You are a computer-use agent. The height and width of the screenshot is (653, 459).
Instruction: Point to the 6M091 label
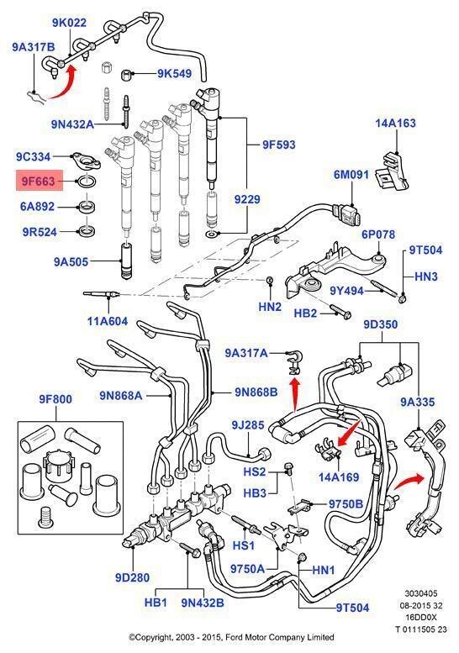tap(352, 175)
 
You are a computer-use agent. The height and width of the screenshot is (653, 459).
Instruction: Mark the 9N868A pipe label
tap(120, 395)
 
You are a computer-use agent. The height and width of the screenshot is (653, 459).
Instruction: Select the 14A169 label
tap(337, 476)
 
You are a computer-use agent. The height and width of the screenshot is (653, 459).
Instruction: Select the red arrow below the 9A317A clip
tap(294, 388)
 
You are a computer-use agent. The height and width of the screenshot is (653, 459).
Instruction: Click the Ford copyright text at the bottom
tap(230, 637)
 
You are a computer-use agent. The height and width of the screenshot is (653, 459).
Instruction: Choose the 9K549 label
tap(173, 73)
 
